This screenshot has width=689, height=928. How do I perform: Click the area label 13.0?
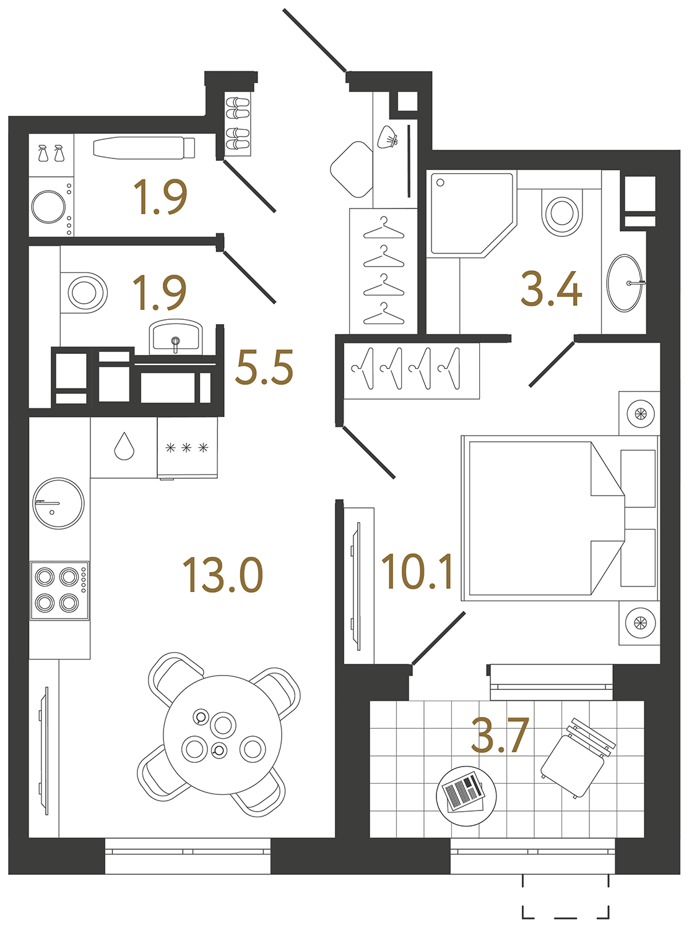[x=223, y=575]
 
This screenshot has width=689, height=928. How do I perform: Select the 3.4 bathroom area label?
[x=551, y=289]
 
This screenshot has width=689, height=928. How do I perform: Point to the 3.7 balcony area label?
[x=500, y=736]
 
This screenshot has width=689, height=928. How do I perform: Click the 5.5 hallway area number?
[x=264, y=367]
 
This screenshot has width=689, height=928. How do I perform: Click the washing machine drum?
[x=49, y=207]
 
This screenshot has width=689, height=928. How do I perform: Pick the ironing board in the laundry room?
[x=144, y=148]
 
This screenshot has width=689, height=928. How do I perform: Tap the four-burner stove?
[x=59, y=590]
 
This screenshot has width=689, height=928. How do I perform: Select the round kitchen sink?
[x=58, y=503]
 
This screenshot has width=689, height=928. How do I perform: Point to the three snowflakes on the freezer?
[x=186, y=448]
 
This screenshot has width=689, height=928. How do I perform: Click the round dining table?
[x=222, y=734]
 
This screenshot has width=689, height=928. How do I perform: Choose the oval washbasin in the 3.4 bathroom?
[x=624, y=283]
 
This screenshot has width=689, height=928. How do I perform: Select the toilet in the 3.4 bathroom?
[x=562, y=212]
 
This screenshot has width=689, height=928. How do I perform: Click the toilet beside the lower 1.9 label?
[x=84, y=292]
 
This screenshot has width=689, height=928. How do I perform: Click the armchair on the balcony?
[x=573, y=765]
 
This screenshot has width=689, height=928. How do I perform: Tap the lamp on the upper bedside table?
[x=639, y=413]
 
